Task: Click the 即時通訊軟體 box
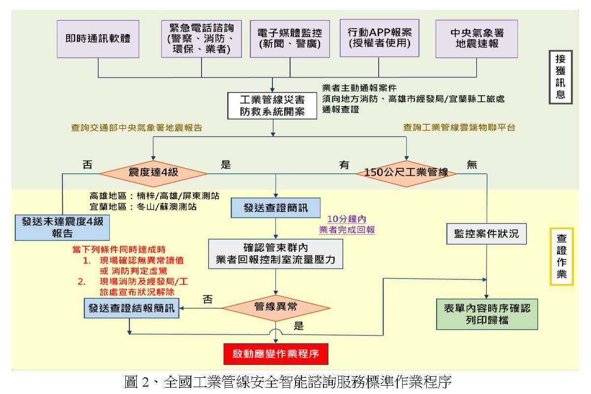98,38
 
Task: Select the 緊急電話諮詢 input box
202,38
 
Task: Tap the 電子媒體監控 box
290,38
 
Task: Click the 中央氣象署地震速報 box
477,38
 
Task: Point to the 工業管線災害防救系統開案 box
273,105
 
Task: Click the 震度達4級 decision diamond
153,173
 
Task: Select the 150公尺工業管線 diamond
407,173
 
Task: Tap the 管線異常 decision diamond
275,308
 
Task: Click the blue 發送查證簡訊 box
275,208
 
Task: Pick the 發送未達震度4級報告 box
62,227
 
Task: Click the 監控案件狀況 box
486,234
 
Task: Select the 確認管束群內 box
275,253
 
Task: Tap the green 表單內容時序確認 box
486,314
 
